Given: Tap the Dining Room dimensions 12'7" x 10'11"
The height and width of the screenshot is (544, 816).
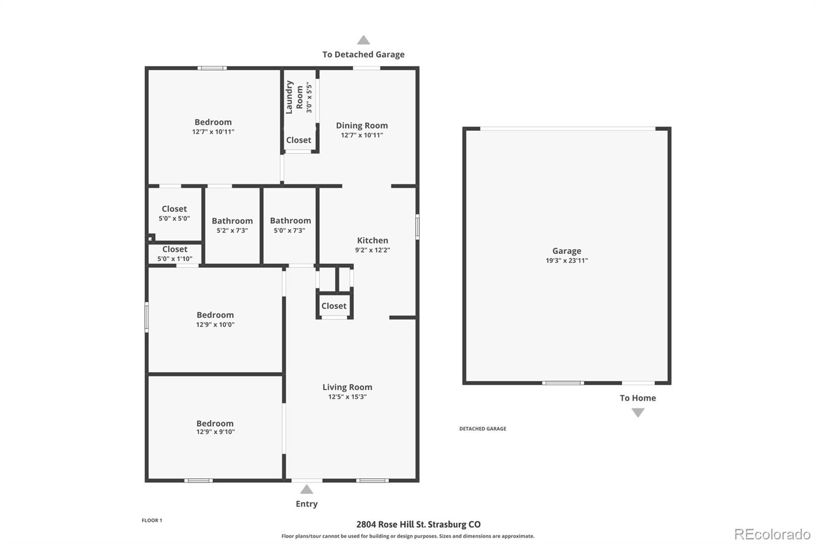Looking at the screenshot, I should pyautogui.click(x=362, y=135).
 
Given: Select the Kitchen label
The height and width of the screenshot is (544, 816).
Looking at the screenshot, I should pyautogui.click(x=372, y=240).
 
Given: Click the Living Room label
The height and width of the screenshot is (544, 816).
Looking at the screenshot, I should pyautogui.click(x=347, y=387).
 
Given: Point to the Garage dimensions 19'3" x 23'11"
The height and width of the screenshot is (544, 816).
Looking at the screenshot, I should pyautogui.click(x=567, y=260).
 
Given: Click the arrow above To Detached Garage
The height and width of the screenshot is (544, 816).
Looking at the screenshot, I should pyautogui.click(x=363, y=40).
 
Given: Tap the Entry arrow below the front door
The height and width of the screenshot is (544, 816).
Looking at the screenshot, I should pyautogui.click(x=307, y=489).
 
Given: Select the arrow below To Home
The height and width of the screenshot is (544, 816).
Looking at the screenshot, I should pyautogui.click(x=637, y=413).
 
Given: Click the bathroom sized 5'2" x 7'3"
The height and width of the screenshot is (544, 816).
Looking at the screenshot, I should pyautogui.click(x=232, y=225).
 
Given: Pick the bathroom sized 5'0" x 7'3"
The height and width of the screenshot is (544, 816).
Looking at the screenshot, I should pyautogui.click(x=290, y=225).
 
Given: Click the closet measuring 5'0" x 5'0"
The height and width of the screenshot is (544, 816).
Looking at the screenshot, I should pyautogui.click(x=174, y=213).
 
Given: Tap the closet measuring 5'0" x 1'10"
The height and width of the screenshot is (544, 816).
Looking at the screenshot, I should pyautogui.click(x=175, y=253).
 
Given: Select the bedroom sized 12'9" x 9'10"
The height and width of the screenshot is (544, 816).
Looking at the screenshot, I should pyautogui.click(x=215, y=427).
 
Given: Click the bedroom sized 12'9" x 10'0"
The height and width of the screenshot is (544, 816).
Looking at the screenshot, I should pyautogui.click(x=215, y=319).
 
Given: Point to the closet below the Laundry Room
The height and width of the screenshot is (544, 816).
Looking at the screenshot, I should pyautogui.click(x=299, y=140).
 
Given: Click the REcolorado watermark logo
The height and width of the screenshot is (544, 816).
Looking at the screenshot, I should pyautogui.click(x=772, y=534).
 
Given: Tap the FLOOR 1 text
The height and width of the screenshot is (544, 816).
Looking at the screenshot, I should pyautogui.click(x=152, y=521).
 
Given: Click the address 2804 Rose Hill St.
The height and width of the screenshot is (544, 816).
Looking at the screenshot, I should pyautogui.click(x=418, y=525).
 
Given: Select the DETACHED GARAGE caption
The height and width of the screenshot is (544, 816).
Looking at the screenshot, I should pyautogui.click(x=482, y=429).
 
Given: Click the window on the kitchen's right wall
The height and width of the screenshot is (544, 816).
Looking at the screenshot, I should pyautogui.click(x=417, y=227).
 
